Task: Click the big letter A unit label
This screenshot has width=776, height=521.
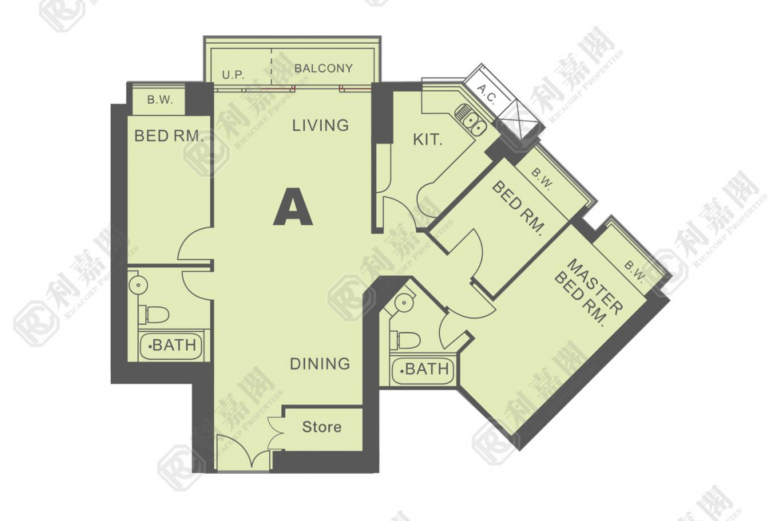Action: coord(293,208)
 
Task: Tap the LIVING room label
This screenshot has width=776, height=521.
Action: coord(320,125)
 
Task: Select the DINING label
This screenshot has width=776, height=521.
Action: coord(320,364)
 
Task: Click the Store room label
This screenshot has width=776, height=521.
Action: coord(322,427)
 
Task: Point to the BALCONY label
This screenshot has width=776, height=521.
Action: coord(324,68)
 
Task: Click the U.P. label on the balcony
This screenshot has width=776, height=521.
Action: coord(233,75)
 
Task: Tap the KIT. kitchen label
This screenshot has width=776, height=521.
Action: coord(428,140)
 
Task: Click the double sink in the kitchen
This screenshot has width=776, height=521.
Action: coord(470,119)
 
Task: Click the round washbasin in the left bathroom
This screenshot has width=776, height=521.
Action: coord(138,285)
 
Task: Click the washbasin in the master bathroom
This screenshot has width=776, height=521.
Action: coord(405,301)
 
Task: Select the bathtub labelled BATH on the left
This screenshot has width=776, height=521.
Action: coord(171,345)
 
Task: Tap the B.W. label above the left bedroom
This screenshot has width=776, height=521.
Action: coord(160,100)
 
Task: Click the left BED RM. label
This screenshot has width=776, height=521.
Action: coord(168,135)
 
